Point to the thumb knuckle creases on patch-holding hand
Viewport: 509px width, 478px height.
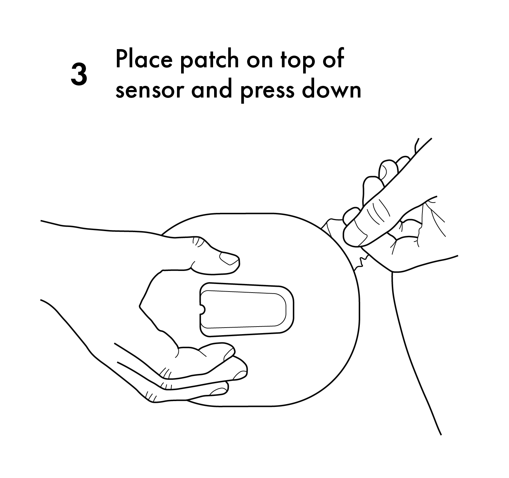click(x=198, y=241)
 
